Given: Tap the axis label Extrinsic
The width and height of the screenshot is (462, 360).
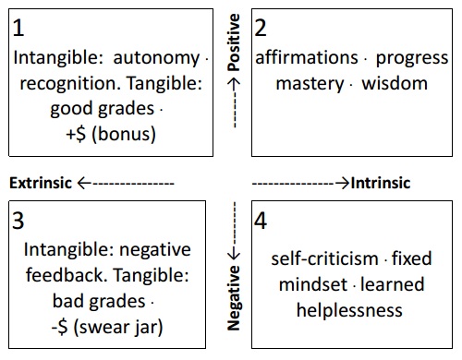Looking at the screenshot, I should click(x=40, y=183).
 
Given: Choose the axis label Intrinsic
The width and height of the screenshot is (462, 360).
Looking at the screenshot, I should click(x=381, y=183).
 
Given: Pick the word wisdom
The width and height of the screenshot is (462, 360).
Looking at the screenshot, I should click(x=395, y=83).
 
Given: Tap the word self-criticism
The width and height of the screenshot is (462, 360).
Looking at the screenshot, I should click(x=326, y=258).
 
